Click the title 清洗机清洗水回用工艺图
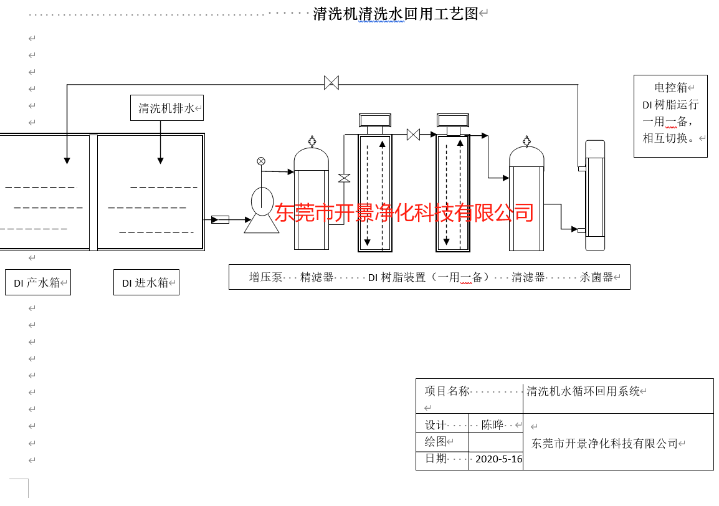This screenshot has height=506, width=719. pos(395,14)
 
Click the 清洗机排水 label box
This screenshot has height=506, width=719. pos(166,108)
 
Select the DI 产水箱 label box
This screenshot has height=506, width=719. pos(37,282)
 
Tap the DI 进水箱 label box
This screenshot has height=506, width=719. pos(146,282)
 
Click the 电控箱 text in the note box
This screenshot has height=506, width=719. pos(670,88)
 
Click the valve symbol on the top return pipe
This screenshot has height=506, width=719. pos(331,83)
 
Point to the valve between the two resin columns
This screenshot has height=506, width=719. pos(413,135)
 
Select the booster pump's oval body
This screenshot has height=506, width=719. pos(262,201)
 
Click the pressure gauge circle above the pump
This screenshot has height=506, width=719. pos(261,161)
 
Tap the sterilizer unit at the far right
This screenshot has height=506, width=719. pos(595,196)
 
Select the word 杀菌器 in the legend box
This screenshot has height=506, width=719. pos(596,277)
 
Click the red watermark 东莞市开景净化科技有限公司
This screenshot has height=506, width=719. pos(404,212)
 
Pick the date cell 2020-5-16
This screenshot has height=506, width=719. pos(498,459)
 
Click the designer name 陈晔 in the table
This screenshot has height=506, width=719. pos(492,425)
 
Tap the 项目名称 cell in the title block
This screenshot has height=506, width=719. pos(447,391)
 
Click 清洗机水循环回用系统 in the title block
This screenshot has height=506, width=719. pos(583,391)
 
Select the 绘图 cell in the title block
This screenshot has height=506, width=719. pos(436,442)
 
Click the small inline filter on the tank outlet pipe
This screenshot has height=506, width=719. pos(220,219)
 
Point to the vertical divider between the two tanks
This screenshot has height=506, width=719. pos(93,192)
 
